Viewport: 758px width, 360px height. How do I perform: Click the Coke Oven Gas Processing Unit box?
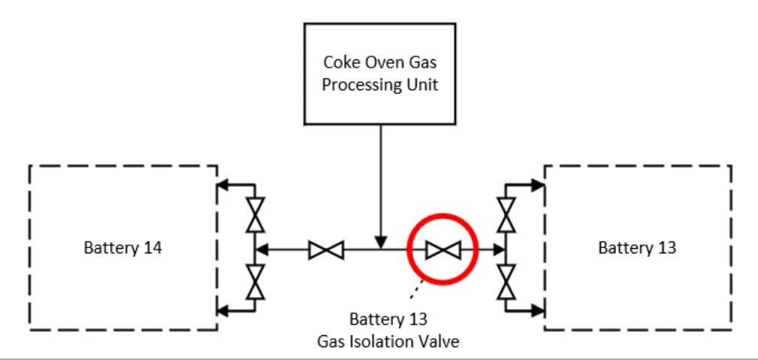(380, 74)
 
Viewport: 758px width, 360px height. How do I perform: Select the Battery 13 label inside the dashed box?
(636, 247)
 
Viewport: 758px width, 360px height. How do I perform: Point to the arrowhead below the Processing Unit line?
(381, 243)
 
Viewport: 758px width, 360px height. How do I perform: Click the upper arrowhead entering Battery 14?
(222, 184)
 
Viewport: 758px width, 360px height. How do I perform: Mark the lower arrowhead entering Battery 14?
(222, 309)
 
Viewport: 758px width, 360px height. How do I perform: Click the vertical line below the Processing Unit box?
(381, 180)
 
